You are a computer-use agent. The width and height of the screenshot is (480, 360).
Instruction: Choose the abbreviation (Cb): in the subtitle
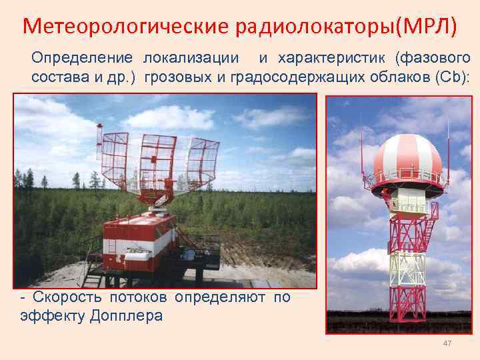[x=452, y=77]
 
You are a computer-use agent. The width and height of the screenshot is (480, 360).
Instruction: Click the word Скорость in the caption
[x=64, y=297]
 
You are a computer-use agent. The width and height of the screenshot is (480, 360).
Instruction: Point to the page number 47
[x=447, y=343]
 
